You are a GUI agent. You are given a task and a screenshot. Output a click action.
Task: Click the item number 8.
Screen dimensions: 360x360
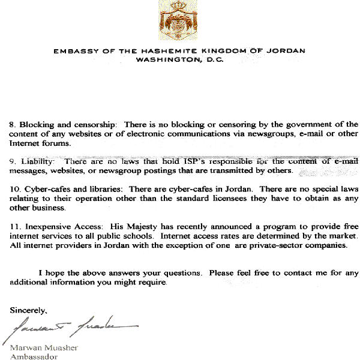[x=13, y=124]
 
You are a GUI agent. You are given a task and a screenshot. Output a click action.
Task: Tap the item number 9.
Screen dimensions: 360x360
[x=13, y=162]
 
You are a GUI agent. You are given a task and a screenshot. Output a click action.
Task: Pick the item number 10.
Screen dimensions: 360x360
[x=14, y=190]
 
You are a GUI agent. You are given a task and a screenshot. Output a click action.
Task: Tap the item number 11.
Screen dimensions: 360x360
[x=14, y=226]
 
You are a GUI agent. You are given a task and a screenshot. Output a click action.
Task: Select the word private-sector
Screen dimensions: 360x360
[x=282, y=245]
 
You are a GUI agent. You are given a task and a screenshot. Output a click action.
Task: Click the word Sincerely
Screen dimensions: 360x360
[x=28, y=310]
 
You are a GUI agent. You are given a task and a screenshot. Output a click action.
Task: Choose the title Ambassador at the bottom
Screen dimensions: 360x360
[x=34, y=356]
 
